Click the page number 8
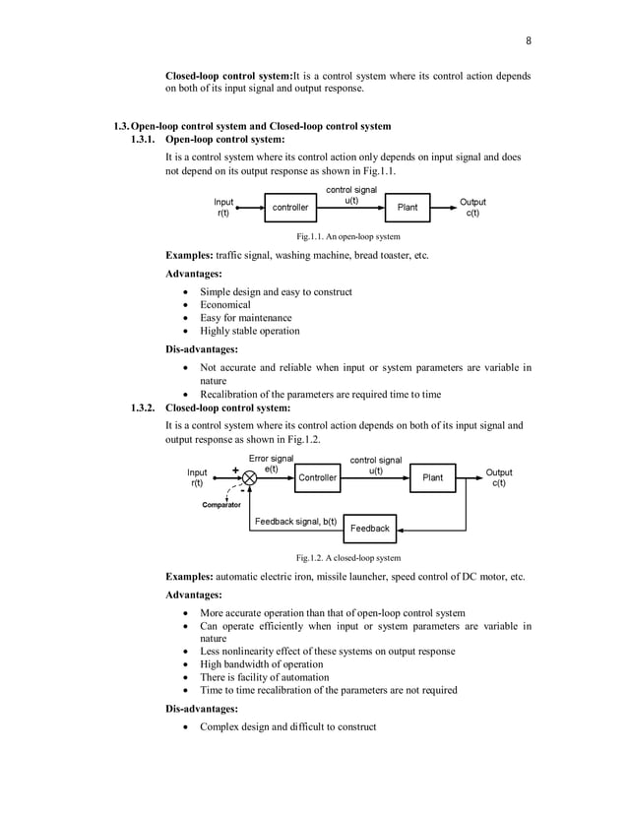[528, 40]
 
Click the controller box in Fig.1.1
[289, 208]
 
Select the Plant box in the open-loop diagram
[407, 208]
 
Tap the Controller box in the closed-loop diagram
[317, 477]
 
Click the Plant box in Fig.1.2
[432, 477]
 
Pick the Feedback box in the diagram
[370, 529]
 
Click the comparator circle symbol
[249, 477]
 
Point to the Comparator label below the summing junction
[221, 504]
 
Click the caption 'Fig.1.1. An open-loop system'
[348, 237]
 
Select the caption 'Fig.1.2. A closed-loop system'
[348, 558]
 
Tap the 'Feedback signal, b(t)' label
[295, 521]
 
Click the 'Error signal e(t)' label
[271, 464]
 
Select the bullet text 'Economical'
[225, 305]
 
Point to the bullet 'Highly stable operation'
[250, 331]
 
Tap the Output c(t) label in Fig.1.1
[472, 208]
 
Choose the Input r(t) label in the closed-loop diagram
[198, 477]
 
